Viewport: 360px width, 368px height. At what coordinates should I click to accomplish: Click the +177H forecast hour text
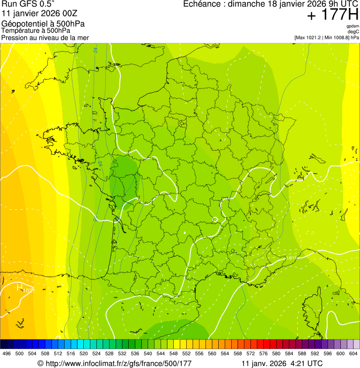[332, 15]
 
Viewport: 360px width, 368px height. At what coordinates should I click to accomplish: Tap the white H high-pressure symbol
[20, 287]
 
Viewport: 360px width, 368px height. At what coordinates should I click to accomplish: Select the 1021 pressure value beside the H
[29, 291]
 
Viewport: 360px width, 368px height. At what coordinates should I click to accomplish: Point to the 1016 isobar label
[291, 258]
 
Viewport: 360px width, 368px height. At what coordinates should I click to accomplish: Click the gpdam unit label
[353, 26]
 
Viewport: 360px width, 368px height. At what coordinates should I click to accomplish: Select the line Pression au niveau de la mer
[45, 37]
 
